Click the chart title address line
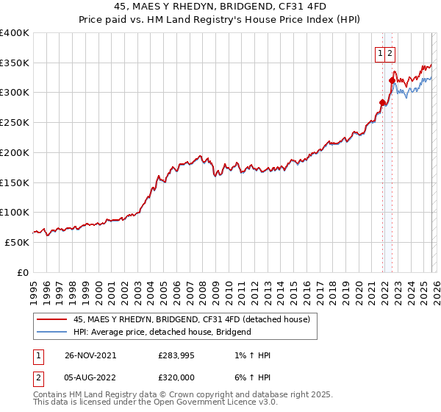[x=220, y=5]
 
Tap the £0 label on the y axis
[x=24, y=272]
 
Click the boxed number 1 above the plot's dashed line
[x=381, y=52]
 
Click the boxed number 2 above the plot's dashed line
[x=390, y=52]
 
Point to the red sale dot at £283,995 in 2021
[x=382, y=102]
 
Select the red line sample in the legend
[x=51, y=319]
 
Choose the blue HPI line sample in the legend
[x=51, y=332]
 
